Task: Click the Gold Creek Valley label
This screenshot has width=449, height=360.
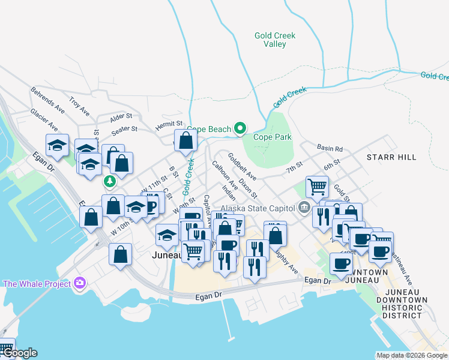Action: click(x=275, y=40)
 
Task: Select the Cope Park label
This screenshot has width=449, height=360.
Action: click(x=272, y=137)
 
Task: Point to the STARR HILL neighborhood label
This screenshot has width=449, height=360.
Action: click(x=391, y=157)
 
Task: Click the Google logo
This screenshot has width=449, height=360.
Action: click(x=19, y=353)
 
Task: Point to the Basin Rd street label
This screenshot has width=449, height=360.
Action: click(x=330, y=148)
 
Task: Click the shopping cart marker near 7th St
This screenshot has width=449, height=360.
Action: click(x=317, y=186)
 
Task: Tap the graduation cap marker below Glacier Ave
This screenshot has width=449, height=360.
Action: click(x=58, y=145)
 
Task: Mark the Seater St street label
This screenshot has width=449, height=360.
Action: click(x=125, y=128)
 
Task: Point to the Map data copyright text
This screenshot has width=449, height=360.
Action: click(x=412, y=355)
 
